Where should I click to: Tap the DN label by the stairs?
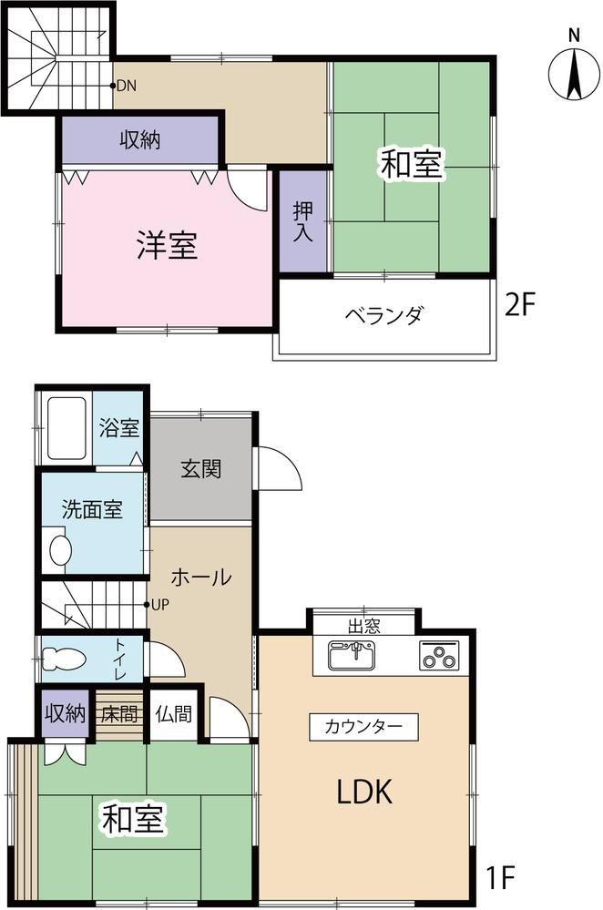pyautogui.click(x=127, y=86)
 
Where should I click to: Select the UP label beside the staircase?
pyautogui.click(x=160, y=604)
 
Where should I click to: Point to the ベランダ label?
pyautogui.click(x=384, y=315)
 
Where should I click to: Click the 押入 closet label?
pyautogui.click(x=303, y=221)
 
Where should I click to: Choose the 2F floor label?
pyautogui.click(x=519, y=304)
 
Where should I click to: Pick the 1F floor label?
pyautogui.click(x=500, y=877)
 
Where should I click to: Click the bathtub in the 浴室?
pyautogui.click(x=67, y=428)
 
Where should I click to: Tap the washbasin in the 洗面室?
pyautogui.click(x=60, y=549)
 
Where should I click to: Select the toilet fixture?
pyautogui.click(x=64, y=659)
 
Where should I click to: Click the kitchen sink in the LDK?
pyautogui.click(x=352, y=655)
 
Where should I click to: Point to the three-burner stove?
pyautogui.click(x=439, y=655)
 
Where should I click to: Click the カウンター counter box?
pyautogui.click(x=363, y=727)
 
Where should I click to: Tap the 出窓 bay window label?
pyautogui.click(x=363, y=626)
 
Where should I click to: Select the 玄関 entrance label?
pyautogui.click(x=200, y=469)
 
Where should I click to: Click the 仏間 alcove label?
pyautogui.click(x=174, y=713)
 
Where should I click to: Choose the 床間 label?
pyautogui.click(x=119, y=713)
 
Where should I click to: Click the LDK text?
pyautogui.click(x=365, y=791)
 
